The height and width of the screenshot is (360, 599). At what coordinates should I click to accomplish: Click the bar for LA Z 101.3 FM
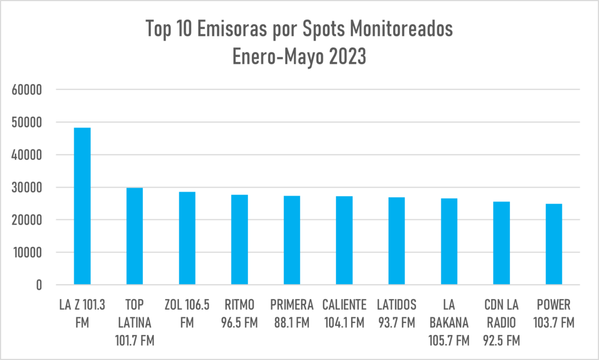click(x=82, y=206)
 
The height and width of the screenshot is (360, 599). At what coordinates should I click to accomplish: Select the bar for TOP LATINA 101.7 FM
click(x=135, y=236)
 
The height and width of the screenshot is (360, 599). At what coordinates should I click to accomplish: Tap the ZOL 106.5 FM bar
click(x=187, y=238)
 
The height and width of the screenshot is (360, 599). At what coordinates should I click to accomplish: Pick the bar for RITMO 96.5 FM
click(x=240, y=240)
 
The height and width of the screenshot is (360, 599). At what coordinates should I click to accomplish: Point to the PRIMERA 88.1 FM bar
click(x=292, y=240)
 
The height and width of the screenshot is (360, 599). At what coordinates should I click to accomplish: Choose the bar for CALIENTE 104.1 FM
click(x=344, y=240)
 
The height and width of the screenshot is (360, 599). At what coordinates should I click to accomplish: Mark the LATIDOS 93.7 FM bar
click(x=397, y=241)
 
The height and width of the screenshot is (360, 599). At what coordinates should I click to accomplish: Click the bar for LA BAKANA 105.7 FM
click(x=449, y=241)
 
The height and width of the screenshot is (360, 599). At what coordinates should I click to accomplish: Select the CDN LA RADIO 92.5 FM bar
click(x=501, y=243)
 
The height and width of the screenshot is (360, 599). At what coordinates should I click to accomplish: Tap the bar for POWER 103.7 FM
click(x=554, y=244)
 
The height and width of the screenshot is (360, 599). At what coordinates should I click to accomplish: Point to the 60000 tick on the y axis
click(x=26, y=90)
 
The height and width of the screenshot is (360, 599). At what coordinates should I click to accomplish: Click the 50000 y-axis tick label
click(x=26, y=122)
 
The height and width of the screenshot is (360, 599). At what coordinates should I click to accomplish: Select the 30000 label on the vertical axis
click(x=26, y=187)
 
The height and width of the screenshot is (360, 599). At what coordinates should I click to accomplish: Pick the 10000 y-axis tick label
click(x=26, y=252)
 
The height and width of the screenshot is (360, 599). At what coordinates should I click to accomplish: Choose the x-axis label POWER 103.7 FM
click(x=554, y=314)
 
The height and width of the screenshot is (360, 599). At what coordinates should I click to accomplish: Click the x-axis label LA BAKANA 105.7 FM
click(x=449, y=323)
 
